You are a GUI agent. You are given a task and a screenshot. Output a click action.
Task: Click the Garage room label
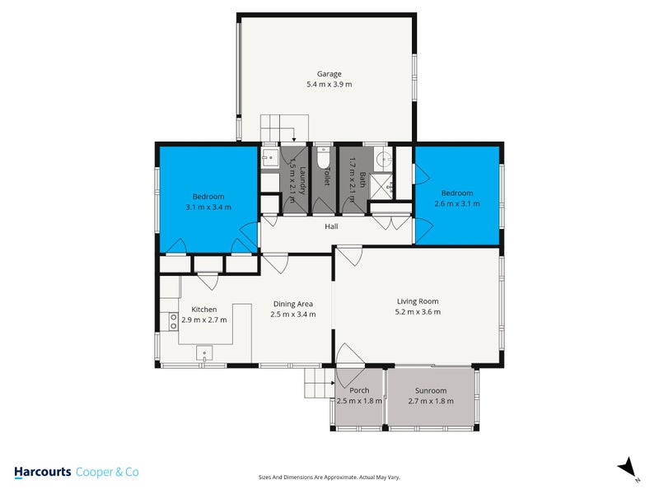pyautogui.click(x=329, y=73)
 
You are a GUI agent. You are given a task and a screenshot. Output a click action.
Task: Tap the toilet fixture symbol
pyautogui.click(x=323, y=156)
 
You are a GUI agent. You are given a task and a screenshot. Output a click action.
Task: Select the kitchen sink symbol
pyautogui.click(x=203, y=354)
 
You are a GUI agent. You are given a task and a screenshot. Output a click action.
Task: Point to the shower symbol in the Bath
pyautogui.click(x=381, y=186)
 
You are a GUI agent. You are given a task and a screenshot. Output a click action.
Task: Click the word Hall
pyautogui.click(x=331, y=226)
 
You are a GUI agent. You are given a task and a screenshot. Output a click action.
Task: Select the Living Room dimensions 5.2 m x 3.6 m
pyautogui.click(x=418, y=312)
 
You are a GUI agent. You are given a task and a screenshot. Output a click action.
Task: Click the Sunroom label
pyautogui.click(x=431, y=390)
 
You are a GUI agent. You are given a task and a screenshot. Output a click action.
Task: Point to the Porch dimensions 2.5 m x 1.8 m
pyautogui.click(x=359, y=402)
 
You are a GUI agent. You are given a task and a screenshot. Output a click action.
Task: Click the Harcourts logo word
pyautogui.click(x=42, y=473)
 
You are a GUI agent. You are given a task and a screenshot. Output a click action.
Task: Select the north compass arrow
pyautogui.click(x=628, y=468)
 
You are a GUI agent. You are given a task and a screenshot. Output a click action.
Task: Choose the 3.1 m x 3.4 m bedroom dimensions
pyautogui.click(x=208, y=207)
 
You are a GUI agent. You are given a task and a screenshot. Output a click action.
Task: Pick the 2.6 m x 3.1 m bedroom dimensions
pyautogui.click(x=456, y=203)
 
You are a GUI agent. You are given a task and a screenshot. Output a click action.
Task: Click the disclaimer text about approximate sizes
pyautogui.click(x=329, y=478)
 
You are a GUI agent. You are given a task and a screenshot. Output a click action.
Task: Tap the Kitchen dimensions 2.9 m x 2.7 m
pyautogui.click(x=199, y=320)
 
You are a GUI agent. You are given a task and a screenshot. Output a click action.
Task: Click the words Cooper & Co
pyautogui.click(x=107, y=473)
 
